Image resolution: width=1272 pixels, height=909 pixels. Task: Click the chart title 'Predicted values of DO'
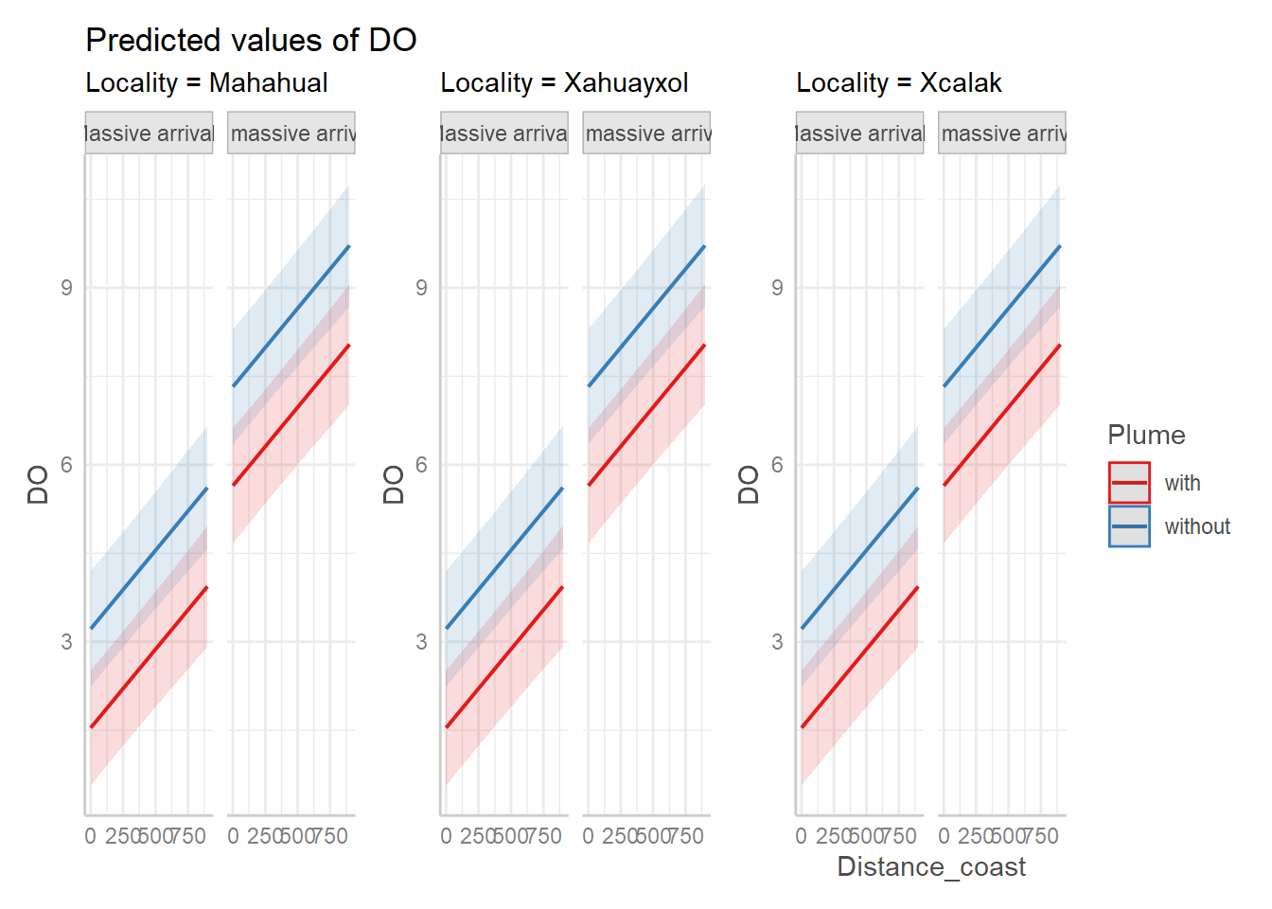coord(251,40)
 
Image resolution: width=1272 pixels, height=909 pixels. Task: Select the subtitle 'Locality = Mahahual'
coord(206,83)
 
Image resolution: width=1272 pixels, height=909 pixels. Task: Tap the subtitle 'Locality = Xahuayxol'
coord(564,83)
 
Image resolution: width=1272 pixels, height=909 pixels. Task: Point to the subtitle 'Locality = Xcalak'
coord(898,83)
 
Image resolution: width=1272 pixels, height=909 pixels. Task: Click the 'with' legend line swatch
coord(1129,483)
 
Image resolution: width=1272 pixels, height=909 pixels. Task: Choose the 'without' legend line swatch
coord(1129,526)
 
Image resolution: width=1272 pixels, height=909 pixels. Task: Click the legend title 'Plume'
coord(1146,436)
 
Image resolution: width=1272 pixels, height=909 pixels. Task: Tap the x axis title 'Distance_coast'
coord(931,867)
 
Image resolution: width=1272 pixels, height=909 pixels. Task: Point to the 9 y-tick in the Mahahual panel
coord(66,288)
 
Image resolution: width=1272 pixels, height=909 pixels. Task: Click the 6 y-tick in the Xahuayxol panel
coord(421,465)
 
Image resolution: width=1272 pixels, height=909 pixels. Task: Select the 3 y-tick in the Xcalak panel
coord(777,642)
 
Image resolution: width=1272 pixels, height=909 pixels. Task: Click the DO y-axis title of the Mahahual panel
coord(38,485)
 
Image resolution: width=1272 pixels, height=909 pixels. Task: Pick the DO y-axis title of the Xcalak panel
coord(749,485)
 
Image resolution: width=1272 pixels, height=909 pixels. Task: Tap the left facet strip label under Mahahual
coord(150,134)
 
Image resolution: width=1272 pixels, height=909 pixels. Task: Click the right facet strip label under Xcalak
coord(1002,134)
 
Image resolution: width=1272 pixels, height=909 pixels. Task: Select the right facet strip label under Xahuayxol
coord(647,134)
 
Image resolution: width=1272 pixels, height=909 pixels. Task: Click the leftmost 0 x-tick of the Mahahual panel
coord(90,836)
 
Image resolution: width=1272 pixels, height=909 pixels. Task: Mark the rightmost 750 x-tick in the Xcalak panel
coord(1041,836)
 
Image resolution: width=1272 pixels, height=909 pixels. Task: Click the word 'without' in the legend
coord(1197,526)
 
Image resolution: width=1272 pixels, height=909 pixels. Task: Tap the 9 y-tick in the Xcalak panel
coord(777,288)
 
